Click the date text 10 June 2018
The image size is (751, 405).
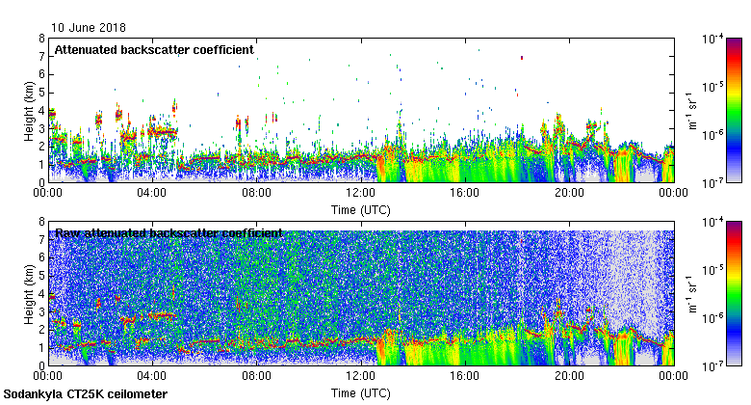pos(89,28)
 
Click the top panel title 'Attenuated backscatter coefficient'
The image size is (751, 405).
pos(154,49)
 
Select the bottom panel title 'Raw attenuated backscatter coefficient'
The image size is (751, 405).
pos(168,232)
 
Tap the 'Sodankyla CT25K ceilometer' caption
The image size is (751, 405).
pos(86,394)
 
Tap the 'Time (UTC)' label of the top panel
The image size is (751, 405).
pos(360,208)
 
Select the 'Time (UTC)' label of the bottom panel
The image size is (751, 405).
pos(360,392)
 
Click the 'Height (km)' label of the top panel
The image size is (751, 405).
pos(29,110)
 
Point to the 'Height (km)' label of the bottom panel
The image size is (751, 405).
pos(29,293)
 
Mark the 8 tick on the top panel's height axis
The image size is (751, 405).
pos(41,39)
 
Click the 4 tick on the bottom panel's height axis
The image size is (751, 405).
pos(41,294)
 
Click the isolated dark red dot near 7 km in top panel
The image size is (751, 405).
pos(521,57)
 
